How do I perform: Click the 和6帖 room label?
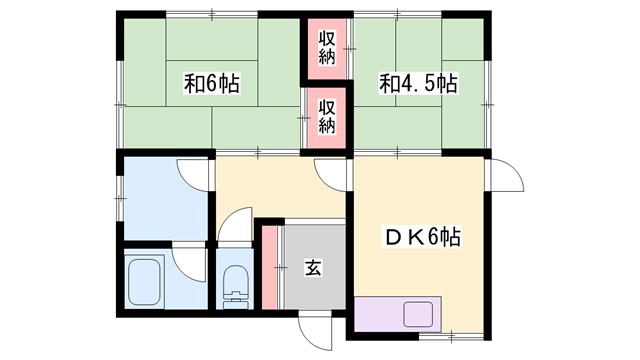[211, 83]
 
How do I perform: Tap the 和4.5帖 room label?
[418, 83]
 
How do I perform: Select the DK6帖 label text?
[424, 238]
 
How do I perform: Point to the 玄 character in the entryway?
[313, 268]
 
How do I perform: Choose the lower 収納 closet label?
[327, 113]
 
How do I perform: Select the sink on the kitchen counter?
[419, 314]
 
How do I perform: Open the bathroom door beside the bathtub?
[187, 262]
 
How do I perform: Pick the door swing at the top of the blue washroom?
[193, 173]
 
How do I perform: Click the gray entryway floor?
[313, 290]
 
